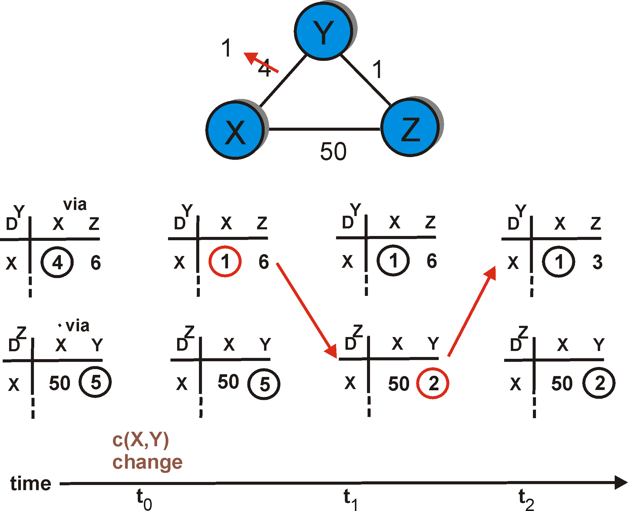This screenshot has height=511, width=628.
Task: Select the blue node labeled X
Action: pyautogui.click(x=235, y=130)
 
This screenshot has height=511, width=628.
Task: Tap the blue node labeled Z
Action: pyautogui.click(x=410, y=127)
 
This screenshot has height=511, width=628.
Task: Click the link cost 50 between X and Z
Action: pyautogui.click(x=333, y=151)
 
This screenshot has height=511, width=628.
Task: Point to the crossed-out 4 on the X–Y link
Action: pyautogui.click(x=264, y=68)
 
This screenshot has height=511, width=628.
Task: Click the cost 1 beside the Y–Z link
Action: pyautogui.click(x=377, y=70)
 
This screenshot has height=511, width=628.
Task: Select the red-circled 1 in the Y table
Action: pyautogui.click(x=225, y=261)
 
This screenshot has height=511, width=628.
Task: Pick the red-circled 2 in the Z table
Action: pyautogui.click(x=433, y=383)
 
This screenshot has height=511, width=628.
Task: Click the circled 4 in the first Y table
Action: pyautogui.click(x=57, y=262)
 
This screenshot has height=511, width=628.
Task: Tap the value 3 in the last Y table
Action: pyautogui.click(x=597, y=262)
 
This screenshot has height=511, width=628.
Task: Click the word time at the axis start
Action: pyautogui.click(x=31, y=483)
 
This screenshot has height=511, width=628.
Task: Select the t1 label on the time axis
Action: pyautogui.click(x=351, y=500)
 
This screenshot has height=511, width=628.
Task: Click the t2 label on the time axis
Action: pyautogui.click(x=526, y=500)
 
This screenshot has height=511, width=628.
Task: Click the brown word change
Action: pyautogui.click(x=147, y=462)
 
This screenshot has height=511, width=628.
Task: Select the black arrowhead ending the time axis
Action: pyautogui.click(x=621, y=482)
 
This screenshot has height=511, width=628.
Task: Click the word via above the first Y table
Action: pyautogui.click(x=75, y=205)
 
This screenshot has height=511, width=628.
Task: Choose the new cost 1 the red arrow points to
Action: pyautogui.click(x=226, y=48)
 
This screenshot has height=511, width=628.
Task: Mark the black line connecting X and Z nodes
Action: pyautogui.click(x=324, y=129)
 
